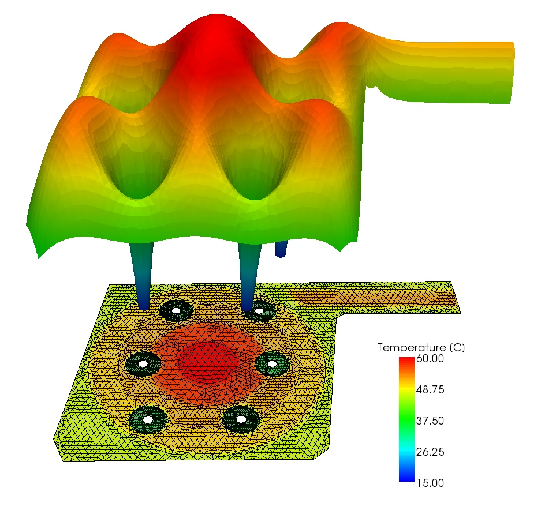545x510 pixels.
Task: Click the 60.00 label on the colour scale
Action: coord(430,358)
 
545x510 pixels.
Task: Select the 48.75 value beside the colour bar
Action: coord(430,390)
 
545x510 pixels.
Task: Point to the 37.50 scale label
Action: coord(430,421)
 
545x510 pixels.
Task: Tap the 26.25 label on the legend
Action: coord(430,452)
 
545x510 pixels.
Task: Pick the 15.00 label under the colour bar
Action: coord(430,483)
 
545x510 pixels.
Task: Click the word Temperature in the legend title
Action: coord(412,348)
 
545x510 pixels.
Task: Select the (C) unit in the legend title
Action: coord(457,348)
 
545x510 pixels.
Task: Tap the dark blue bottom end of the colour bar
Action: coord(406,478)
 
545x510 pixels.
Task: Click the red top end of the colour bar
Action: coord(406,361)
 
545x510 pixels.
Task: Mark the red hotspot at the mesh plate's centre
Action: coord(208,362)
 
